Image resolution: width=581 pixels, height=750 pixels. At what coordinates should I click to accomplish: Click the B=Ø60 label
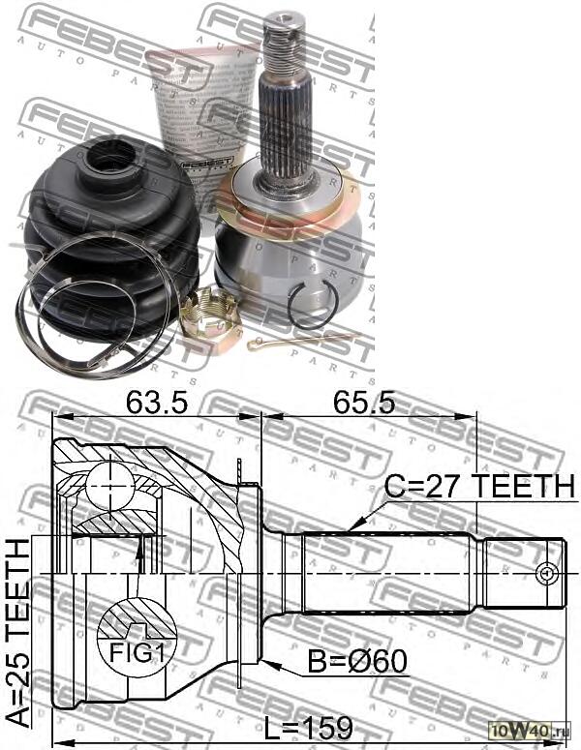point(357,663)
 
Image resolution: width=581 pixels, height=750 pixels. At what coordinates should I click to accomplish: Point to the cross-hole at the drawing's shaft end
point(547,573)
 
